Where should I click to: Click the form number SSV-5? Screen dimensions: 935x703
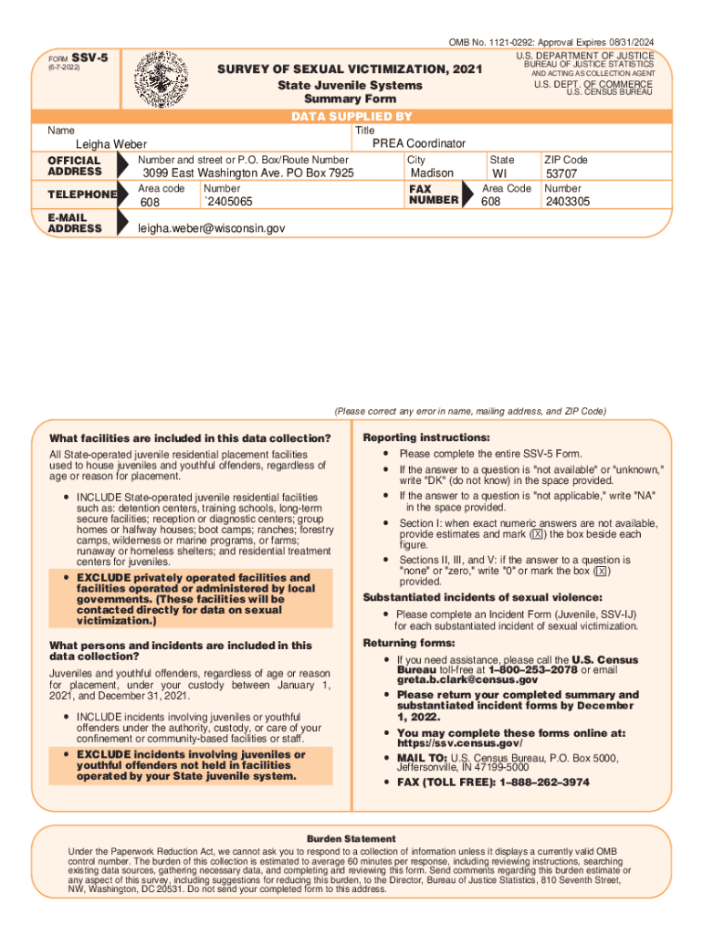coord(89,58)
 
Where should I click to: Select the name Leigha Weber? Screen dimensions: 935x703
coord(110,144)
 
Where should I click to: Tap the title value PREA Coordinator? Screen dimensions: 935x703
coord(418,143)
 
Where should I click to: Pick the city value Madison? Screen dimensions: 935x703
coord(432,173)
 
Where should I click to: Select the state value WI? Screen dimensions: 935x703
coord(499,173)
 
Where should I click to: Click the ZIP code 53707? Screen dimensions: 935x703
coord(561,173)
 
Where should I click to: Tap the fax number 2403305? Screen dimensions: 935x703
coord(568,202)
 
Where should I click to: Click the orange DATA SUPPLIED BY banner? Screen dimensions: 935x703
coord(351,117)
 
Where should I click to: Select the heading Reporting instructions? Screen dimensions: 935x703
coord(426,437)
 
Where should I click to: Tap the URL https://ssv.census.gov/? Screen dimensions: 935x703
coord(460,743)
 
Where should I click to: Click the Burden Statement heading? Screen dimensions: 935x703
coord(351,838)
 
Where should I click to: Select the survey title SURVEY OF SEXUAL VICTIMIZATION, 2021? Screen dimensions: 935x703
coord(350,70)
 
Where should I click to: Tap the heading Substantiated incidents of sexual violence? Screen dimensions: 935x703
coord(483,597)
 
